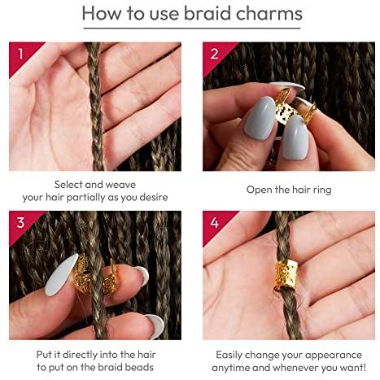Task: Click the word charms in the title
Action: tap(269, 14)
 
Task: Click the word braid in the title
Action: tap(207, 13)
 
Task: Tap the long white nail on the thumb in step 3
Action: tap(61, 274)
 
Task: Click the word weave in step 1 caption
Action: tap(120, 185)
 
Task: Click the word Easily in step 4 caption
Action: tap(229, 355)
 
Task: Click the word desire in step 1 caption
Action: tap(154, 197)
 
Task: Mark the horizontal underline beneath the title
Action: tap(192, 28)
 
